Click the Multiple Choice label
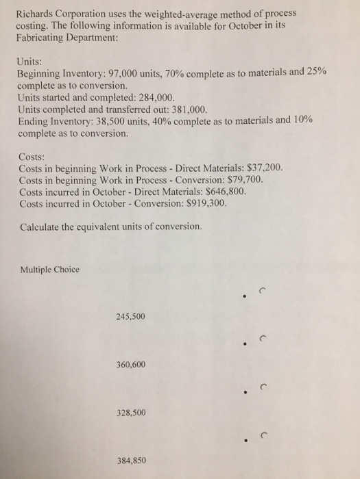pos(49,270)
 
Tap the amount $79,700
pos(242,179)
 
